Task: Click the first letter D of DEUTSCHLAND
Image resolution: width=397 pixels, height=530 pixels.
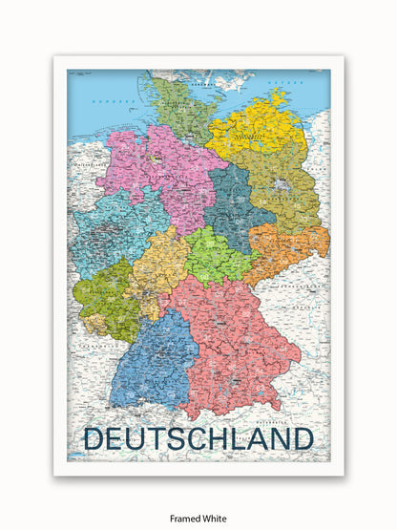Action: click(x=94, y=438)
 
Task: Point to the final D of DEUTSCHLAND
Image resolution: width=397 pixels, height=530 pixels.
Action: click(x=302, y=438)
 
